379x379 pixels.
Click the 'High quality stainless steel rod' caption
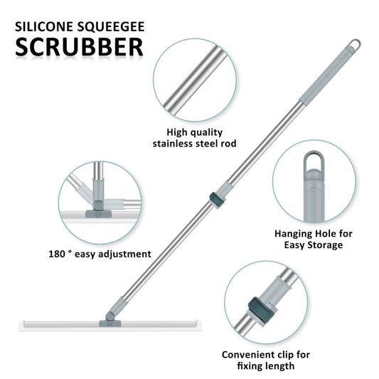pyautogui.click(x=194, y=137)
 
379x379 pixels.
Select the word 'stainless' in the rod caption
pyautogui.click(x=177, y=143)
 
